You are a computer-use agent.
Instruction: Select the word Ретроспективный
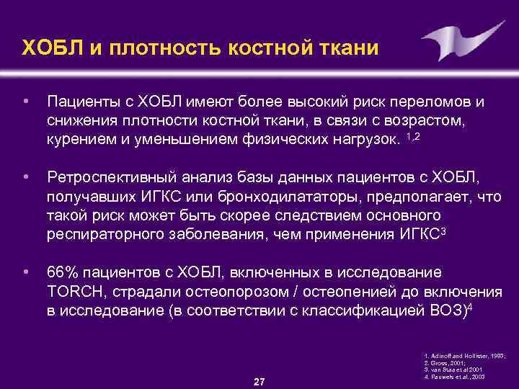click(111, 178)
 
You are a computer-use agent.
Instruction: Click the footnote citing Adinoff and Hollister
click(464, 357)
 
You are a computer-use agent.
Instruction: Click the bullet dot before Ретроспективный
click(26, 178)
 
